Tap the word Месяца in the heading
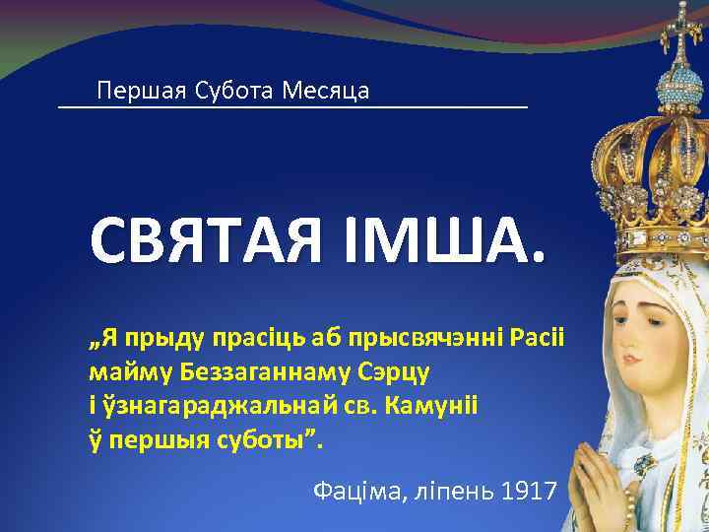point(325,92)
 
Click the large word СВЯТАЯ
point(205,239)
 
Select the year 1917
point(530,489)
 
